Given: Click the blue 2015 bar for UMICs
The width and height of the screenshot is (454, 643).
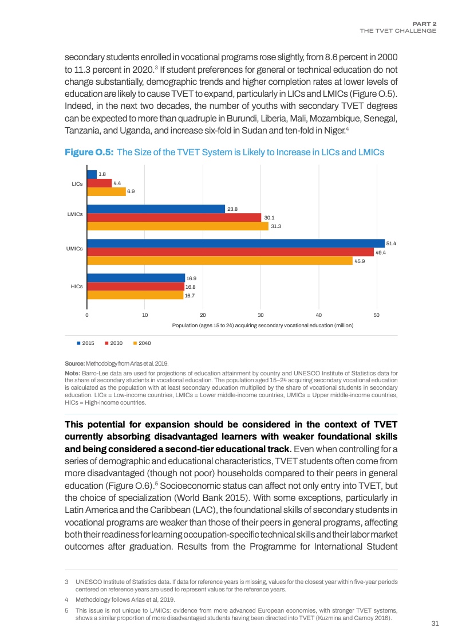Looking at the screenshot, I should coord(235,244).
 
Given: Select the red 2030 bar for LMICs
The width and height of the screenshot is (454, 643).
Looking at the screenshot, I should coord(173,218).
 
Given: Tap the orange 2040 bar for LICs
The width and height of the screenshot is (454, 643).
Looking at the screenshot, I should coord(106,192).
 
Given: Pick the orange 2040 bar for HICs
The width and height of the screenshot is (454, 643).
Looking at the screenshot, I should coord(135,296).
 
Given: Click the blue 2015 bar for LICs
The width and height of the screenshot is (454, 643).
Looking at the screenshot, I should coord(92,174).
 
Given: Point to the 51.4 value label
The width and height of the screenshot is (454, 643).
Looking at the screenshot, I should coord(392,244).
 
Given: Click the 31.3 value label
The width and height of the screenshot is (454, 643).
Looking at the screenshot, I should coord(276,226).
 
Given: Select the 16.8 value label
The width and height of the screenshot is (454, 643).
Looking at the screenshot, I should coord(191,287).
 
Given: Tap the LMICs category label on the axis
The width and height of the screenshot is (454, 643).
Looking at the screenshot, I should coord(75,214).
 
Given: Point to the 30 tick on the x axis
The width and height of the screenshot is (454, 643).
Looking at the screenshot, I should coord(260,315).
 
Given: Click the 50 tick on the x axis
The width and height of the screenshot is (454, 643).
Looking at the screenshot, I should coord(376,315).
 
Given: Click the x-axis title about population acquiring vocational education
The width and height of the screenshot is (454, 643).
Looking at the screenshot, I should coord(263,325).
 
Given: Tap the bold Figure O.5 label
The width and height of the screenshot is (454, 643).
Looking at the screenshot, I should coord(89,152).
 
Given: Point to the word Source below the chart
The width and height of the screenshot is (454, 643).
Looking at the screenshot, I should coord(74,363).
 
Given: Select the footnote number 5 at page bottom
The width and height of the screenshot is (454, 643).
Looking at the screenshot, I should coord(66,610).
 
